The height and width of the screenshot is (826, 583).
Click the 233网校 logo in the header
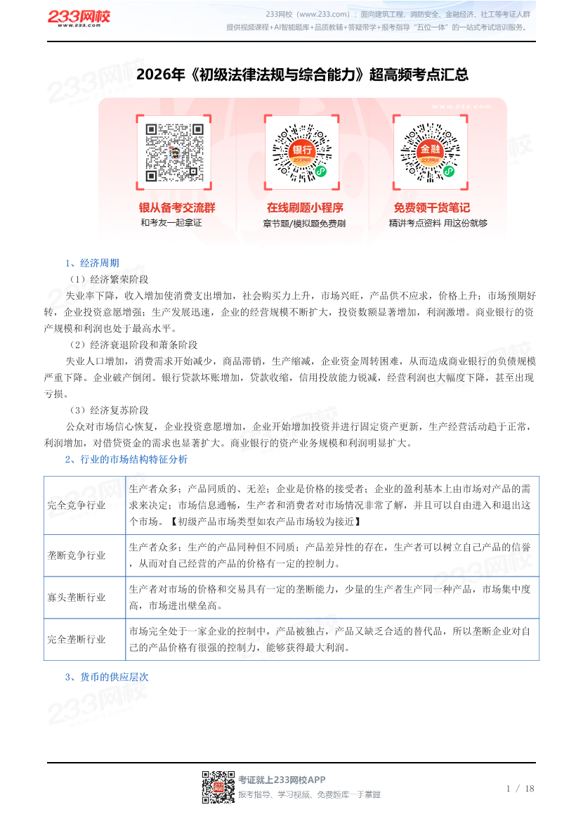79,19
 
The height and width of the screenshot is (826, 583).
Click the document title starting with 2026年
302,75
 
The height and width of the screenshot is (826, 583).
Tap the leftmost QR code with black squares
174,153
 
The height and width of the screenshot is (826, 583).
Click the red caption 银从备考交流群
177,207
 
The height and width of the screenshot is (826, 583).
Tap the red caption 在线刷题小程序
304,207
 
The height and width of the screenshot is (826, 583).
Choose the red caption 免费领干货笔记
431,207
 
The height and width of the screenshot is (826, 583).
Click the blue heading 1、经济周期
92,264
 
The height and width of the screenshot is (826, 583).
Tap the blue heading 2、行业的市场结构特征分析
126,460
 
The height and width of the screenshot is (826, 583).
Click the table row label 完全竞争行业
77,505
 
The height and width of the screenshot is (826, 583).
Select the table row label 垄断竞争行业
77,555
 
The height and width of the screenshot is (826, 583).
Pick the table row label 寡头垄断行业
77,598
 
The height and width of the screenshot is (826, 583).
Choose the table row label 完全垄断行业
77,640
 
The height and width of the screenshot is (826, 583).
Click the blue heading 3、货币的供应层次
107,677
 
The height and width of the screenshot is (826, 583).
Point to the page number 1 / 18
520,788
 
